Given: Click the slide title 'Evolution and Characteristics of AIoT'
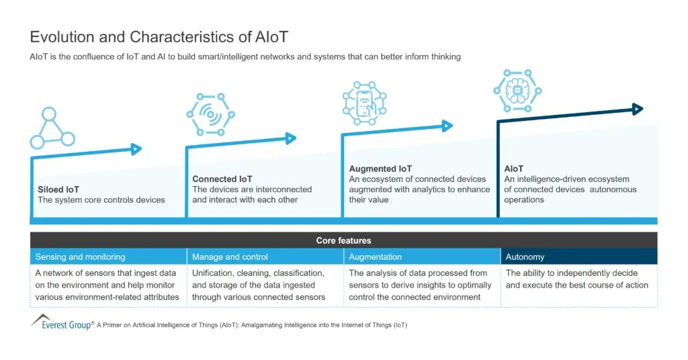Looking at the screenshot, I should coord(159,37).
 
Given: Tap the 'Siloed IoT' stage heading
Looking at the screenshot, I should coord(58,189).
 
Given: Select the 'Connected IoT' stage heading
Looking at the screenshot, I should coord(222,179).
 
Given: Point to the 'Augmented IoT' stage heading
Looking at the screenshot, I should coord(380,169).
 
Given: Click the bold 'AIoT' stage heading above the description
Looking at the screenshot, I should coord(514,169).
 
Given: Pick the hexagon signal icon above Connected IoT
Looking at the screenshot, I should coord(210,115).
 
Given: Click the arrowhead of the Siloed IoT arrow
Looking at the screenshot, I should coord(136,149).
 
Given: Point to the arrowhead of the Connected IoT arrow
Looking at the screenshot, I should coord(291,138).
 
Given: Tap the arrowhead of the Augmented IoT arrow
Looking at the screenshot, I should coord(447,126).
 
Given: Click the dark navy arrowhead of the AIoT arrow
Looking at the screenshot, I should coord(638,109).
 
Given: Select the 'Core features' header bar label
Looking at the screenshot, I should coord(343,240).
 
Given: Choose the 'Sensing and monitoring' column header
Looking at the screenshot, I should coord(80,257).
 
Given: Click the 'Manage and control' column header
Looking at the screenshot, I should coord(230,257).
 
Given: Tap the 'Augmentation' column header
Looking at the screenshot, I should coord(376,257).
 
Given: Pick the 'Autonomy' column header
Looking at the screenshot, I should coord(525,257).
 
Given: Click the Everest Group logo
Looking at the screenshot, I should coord(62,323).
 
